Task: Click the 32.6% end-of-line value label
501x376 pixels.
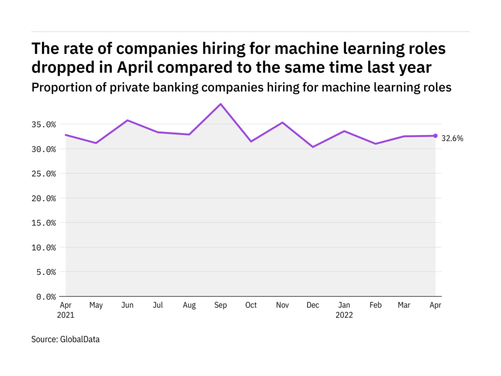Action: tap(453, 139)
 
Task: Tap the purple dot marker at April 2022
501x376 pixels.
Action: tap(435, 136)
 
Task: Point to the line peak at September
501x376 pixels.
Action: tap(220, 104)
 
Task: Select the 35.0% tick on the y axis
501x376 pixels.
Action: tap(43, 124)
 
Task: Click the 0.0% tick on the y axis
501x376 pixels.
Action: tap(45, 297)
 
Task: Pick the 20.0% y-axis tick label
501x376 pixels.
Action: tap(43, 198)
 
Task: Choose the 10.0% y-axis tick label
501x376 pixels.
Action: tap(43, 247)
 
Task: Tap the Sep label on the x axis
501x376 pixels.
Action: tap(220, 305)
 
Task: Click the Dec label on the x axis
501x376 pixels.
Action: tap(313, 305)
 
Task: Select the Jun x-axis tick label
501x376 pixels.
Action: tap(127, 305)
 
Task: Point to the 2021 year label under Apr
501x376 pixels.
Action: tap(66, 315)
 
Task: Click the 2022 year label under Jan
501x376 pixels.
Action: tap(343, 315)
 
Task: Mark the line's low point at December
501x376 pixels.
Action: tap(313, 147)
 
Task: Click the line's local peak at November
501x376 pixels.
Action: tap(282, 122)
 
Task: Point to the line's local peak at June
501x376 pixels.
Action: tap(127, 120)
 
